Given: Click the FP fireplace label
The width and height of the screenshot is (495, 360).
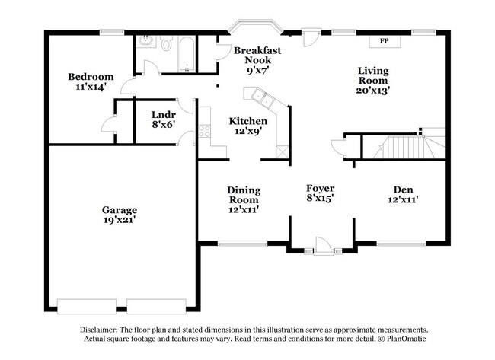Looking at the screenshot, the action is click(384, 40).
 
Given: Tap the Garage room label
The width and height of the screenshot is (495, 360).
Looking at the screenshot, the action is click(120, 210).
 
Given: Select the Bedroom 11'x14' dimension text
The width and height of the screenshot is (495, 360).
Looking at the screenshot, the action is click(91, 87).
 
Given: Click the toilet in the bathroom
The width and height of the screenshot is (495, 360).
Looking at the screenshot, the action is click(166, 43).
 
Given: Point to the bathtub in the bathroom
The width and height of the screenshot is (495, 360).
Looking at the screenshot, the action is click(187, 54).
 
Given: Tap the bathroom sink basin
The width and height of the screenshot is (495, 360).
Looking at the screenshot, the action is click(146, 41).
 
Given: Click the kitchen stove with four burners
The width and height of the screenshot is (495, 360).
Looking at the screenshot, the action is click(205, 131).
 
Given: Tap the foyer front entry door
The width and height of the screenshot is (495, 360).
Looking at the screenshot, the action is click(323, 245).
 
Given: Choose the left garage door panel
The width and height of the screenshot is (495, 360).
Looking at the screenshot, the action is click(87, 307).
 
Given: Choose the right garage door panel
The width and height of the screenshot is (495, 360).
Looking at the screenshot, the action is click(156, 307).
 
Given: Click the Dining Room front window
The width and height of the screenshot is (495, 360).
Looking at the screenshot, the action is click(242, 244).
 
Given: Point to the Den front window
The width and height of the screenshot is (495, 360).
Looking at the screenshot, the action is click(401, 244).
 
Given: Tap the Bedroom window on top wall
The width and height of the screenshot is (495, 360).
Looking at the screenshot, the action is click(112, 32).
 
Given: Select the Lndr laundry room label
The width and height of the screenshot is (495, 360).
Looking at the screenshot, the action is click(164, 114).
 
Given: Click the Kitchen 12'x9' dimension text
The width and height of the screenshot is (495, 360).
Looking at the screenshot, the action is click(248, 131).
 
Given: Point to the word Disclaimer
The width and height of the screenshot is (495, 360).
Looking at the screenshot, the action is click(99, 330).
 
